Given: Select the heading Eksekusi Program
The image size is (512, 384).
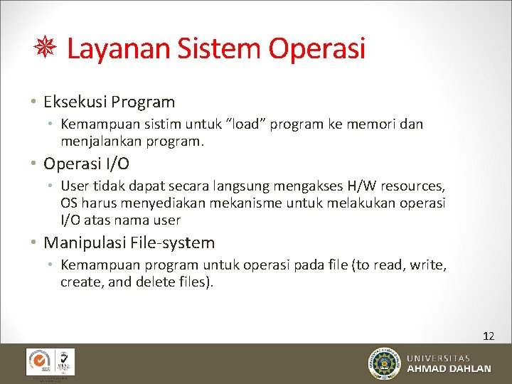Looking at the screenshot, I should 109,102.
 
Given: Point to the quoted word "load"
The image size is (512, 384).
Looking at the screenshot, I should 242,124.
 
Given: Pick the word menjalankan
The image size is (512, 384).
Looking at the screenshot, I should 102,141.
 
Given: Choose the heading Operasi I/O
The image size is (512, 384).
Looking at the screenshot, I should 86,164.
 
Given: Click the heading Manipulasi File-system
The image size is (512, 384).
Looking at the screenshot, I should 129,242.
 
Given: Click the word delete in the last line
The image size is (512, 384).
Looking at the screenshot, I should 160,282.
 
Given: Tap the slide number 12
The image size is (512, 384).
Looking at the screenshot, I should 488,336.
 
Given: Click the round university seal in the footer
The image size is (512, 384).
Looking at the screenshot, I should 384,363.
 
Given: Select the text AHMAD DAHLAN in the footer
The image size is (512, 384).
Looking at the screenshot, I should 449,369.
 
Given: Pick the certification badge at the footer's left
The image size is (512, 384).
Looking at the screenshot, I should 50,362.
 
